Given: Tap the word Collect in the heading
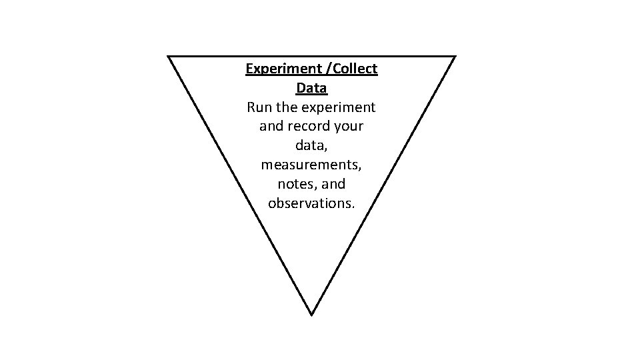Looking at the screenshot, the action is pyautogui.click(x=354, y=69).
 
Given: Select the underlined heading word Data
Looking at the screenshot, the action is pyautogui.click(x=311, y=87).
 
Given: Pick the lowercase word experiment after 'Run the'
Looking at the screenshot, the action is pyautogui.click(x=339, y=107).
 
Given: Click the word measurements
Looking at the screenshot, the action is pyautogui.click(x=311, y=164).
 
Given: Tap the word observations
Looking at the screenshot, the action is pyautogui.click(x=311, y=203).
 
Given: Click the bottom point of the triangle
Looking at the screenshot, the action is pyautogui.click(x=311, y=313).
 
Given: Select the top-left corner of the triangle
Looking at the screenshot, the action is pyautogui.click(x=169, y=57).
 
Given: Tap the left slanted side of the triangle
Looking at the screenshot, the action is pyautogui.click(x=240, y=185).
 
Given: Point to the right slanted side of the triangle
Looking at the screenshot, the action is pyautogui.click(x=383, y=185).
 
